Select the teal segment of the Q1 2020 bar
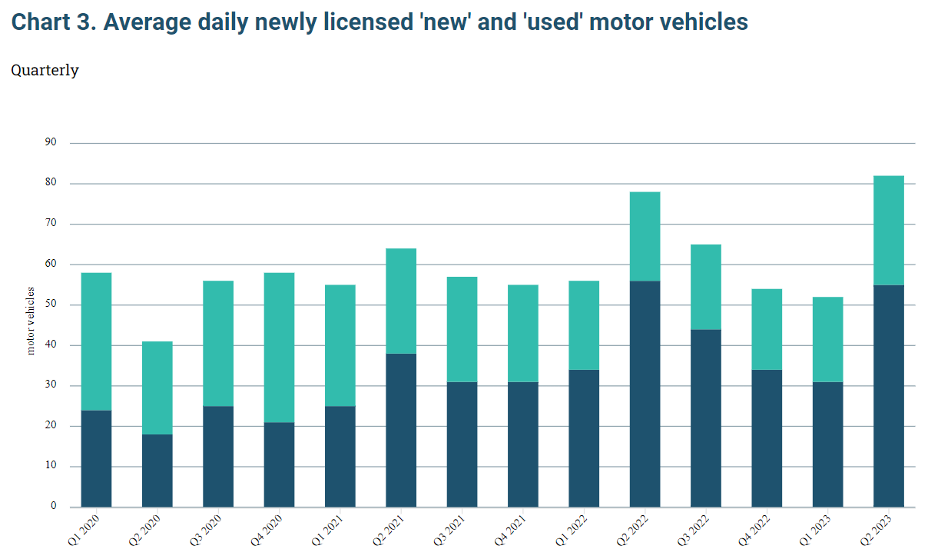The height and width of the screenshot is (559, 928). click(x=96, y=341)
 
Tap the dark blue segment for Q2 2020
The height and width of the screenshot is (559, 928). click(x=157, y=471)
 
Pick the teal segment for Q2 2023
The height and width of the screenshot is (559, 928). click(x=889, y=231)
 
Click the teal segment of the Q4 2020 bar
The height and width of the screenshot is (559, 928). click(x=279, y=348)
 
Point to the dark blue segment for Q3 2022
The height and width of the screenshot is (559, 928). click(x=705, y=418)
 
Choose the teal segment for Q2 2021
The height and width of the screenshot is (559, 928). click(x=401, y=301)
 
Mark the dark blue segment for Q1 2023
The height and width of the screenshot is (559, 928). click(x=827, y=444)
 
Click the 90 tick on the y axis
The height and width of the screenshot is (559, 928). click(x=51, y=142)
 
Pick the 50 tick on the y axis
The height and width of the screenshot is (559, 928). click(x=51, y=304)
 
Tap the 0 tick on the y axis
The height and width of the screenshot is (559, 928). click(x=54, y=506)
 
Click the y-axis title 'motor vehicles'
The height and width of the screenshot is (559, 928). click(x=31, y=321)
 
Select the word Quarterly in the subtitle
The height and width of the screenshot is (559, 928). click(x=45, y=70)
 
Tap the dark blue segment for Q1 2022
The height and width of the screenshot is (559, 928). click(x=584, y=438)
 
